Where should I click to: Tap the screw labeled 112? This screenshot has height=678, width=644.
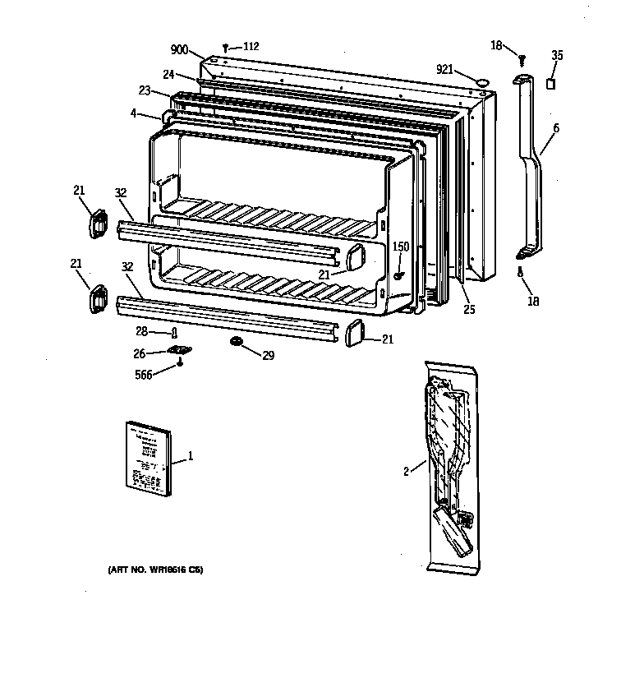pyautogui.click(x=225, y=48)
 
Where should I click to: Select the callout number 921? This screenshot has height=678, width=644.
pyautogui.click(x=445, y=69)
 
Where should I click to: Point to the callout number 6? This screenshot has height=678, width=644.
pyautogui.click(x=555, y=128)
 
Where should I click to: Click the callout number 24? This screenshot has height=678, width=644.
pyautogui.click(x=168, y=74)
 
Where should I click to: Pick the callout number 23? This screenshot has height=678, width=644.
pyautogui.click(x=145, y=92)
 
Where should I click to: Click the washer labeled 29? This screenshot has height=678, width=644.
pyautogui.click(x=236, y=341)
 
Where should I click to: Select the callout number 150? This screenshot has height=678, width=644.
pyautogui.click(x=400, y=247)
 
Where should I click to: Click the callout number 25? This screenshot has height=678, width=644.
pyautogui.click(x=468, y=310)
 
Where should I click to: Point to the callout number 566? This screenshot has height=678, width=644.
pyautogui.click(x=143, y=376)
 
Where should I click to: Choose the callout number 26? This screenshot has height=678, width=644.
pyautogui.click(x=139, y=353)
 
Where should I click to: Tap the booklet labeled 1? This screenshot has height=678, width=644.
pyautogui.click(x=148, y=459)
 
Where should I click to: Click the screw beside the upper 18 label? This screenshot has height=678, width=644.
pyautogui.click(x=521, y=60)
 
